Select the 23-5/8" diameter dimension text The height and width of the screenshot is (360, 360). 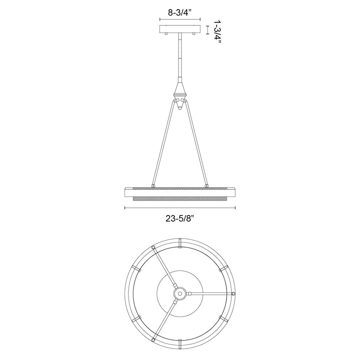179,217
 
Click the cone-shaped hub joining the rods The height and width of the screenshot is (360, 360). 179,92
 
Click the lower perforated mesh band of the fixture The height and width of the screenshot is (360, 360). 179,199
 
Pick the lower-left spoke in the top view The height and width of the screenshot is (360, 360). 165,316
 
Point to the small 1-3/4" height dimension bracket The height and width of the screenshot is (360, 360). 208,30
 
